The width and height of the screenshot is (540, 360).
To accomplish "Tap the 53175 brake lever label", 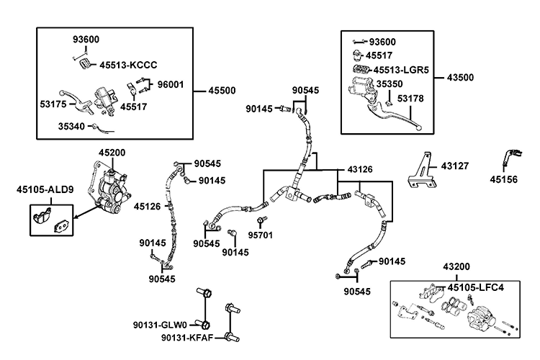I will pos(53,104).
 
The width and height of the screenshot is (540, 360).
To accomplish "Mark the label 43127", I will pos(454,166).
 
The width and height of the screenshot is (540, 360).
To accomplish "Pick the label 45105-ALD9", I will pos(45,190).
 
